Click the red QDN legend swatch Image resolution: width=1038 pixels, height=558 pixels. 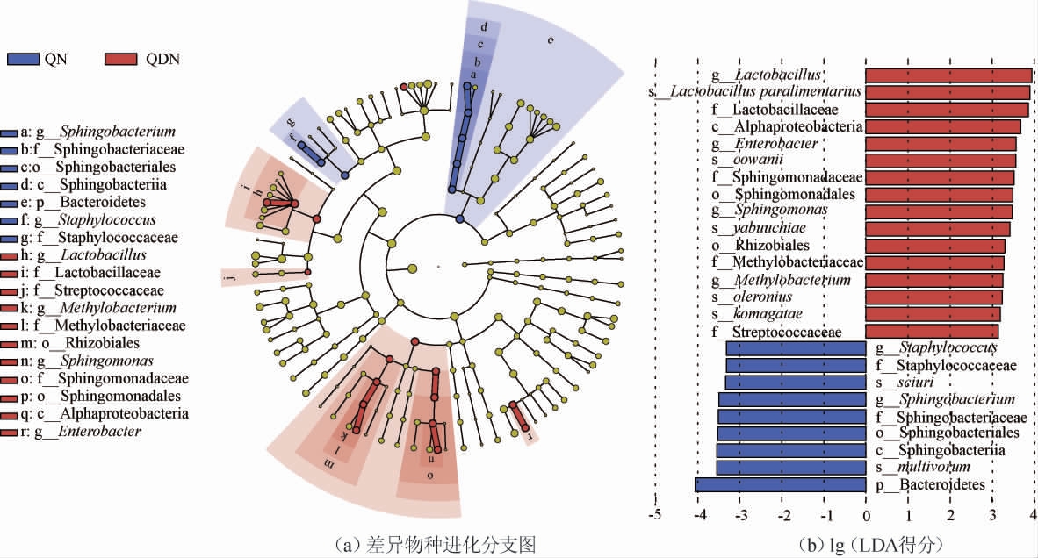[x=123, y=59]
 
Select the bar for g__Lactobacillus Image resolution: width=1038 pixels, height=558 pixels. [x=948, y=75]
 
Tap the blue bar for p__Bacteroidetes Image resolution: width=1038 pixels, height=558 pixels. [x=781, y=484]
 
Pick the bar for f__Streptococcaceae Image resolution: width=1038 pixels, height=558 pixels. [x=932, y=332]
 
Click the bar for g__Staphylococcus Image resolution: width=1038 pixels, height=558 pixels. [x=796, y=349]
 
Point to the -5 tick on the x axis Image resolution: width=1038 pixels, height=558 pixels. [x=654, y=516]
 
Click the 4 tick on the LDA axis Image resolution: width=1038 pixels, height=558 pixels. [x=1034, y=516]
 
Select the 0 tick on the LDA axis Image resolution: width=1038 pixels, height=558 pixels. [x=866, y=516]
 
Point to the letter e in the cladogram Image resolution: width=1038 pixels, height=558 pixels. [x=551, y=40]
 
